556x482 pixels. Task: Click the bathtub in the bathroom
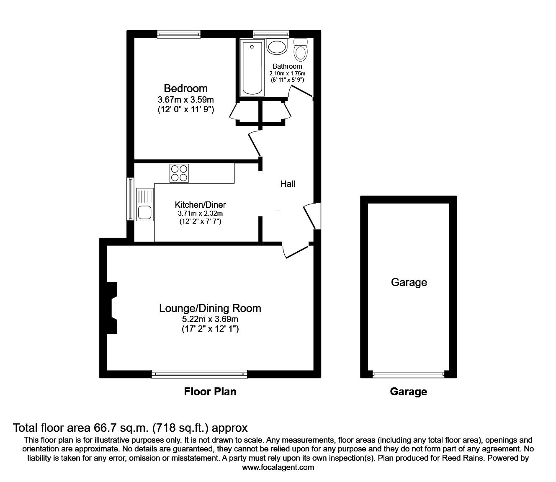pyautogui.click(x=252, y=67)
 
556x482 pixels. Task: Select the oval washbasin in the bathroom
pyautogui.click(x=276, y=46)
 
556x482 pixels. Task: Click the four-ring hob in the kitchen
pyautogui.click(x=179, y=173)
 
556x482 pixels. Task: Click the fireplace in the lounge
pyautogui.click(x=112, y=308)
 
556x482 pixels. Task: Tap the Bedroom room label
pyautogui.click(x=185, y=88)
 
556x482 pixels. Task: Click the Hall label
pyautogui.click(x=288, y=183)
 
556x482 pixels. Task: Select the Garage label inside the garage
pyautogui.click(x=409, y=282)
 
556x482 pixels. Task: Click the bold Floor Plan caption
pyautogui.click(x=210, y=392)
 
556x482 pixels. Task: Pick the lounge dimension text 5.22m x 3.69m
pyautogui.click(x=210, y=320)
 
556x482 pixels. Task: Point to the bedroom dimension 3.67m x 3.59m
pyautogui.click(x=185, y=100)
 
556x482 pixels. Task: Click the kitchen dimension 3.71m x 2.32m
pyautogui.click(x=200, y=213)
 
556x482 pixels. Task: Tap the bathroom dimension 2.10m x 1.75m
pyautogui.click(x=287, y=73)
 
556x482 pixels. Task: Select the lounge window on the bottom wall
pyautogui.click(x=199, y=374)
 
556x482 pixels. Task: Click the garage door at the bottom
pyautogui.click(x=408, y=374)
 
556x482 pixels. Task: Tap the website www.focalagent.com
pyautogui.click(x=278, y=467)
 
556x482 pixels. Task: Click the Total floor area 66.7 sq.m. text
pyautogui.click(x=130, y=428)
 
